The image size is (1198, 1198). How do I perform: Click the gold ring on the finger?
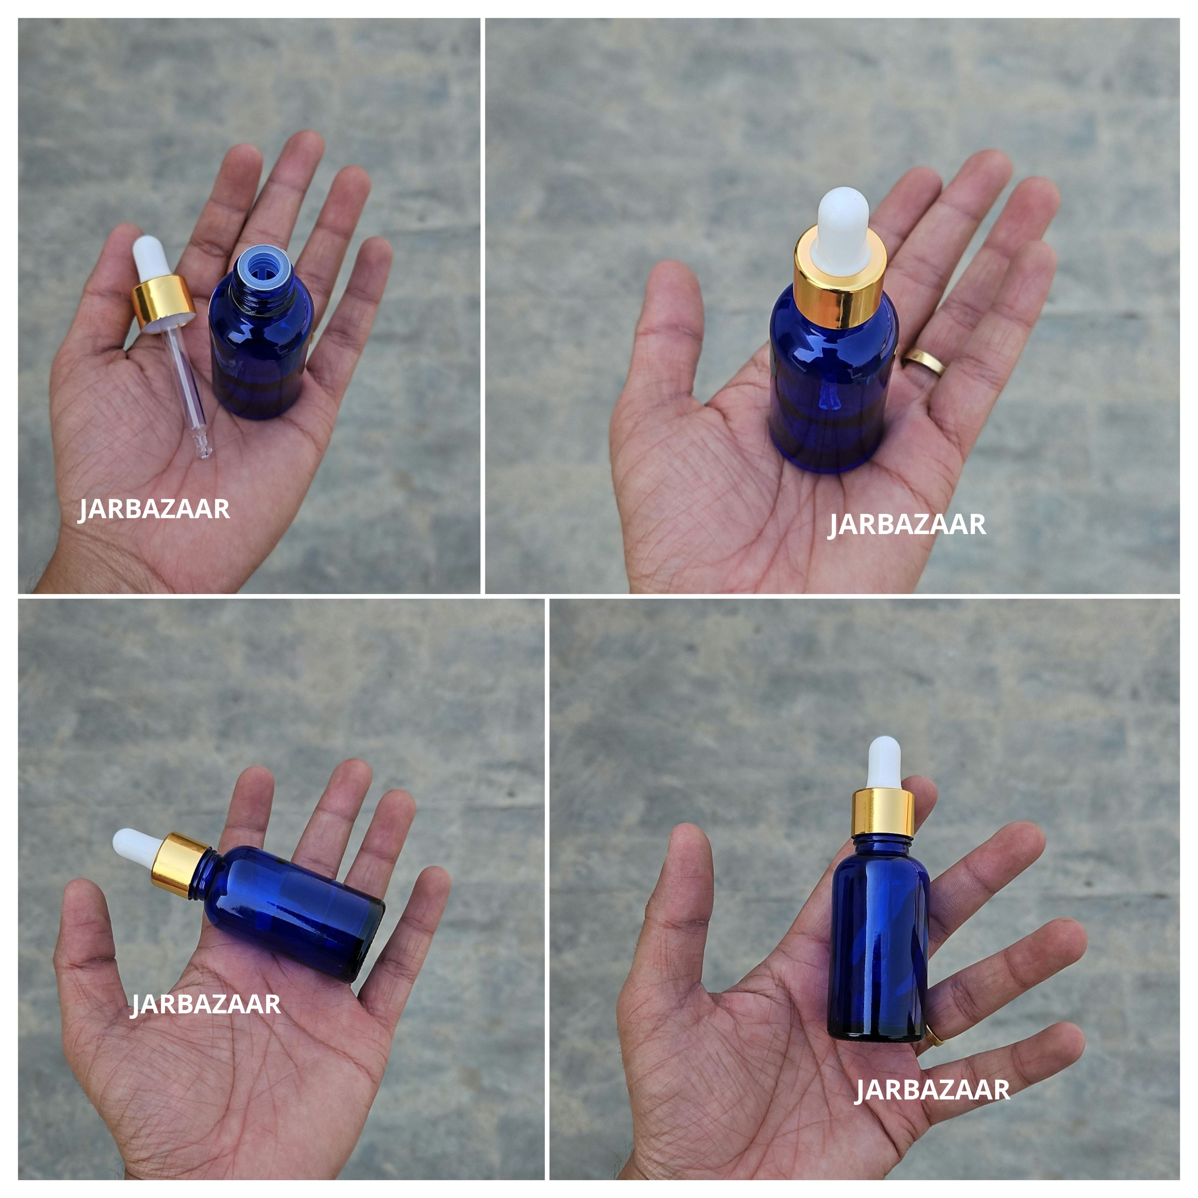pyautogui.click(x=924, y=362)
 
